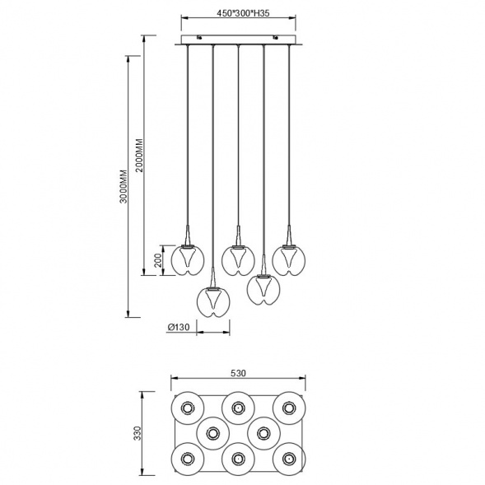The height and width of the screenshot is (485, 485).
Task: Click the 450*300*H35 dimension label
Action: (243, 13)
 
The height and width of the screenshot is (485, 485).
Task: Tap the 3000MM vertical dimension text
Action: (124, 186)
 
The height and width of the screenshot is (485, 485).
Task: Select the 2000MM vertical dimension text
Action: (139, 156)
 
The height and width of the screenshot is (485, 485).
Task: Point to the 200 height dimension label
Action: (158, 260)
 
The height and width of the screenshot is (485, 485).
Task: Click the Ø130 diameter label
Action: (178, 327)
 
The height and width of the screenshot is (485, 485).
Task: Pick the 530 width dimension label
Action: (238, 373)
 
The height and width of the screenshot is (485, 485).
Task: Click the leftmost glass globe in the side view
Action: (188, 260)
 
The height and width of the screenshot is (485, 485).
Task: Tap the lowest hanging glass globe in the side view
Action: (213, 302)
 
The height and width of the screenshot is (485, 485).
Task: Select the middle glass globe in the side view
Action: (238, 260)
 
